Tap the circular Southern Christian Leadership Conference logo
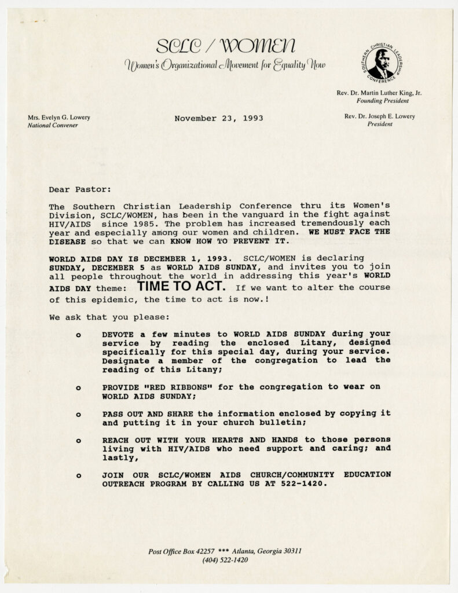pyautogui.click(x=382, y=63)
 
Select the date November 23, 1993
pyautogui.click(x=218, y=118)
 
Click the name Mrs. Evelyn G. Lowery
pyautogui.click(x=59, y=117)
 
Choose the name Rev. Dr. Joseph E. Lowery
pyautogui.click(x=379, y=116)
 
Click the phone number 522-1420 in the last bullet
pyautogui.click(x=308, y=484)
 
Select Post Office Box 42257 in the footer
pyautogui.click(x=181, y=551)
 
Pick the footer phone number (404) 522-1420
pyautogui.click(x=225, y=560)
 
